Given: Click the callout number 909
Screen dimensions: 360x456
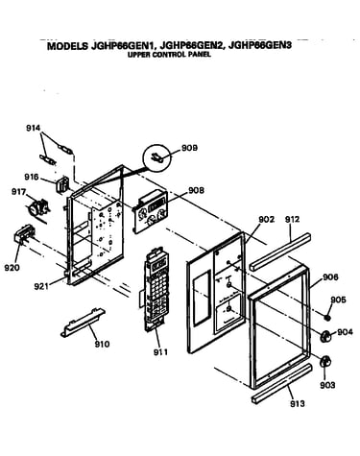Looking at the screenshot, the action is click(189, 148).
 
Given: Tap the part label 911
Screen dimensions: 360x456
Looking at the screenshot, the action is click(160, 352).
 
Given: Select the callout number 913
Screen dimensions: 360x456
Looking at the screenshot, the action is click(298, 404).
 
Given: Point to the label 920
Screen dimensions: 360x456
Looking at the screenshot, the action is click(12, 267).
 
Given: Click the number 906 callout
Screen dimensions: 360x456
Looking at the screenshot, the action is click(330, 276).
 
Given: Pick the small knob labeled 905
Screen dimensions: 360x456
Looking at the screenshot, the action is click(327, 318).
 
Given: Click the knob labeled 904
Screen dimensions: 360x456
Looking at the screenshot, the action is click(325, 337).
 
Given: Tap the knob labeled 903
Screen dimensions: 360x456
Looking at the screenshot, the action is click(325, 361).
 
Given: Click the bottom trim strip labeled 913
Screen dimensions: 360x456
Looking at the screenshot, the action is click(281, 383).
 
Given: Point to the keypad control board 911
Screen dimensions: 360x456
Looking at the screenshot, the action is click(155, 290).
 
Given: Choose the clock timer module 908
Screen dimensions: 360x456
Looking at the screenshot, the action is click(150, 212).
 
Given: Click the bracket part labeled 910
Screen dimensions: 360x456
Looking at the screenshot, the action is click(83, 323).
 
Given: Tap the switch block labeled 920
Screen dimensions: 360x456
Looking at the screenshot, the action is click(24, 236).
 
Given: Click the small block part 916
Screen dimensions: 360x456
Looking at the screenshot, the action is click(62, 184).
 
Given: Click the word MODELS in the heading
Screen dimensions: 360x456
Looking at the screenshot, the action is click(67, 46).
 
